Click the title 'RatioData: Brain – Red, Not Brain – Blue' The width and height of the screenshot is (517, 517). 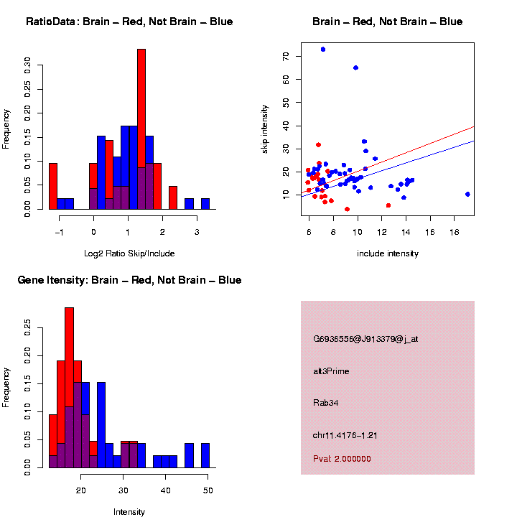[129, 22]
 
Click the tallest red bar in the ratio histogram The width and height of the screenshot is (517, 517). [141, 129]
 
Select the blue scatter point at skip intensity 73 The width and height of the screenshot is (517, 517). [323, 50]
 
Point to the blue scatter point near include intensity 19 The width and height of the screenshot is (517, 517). [467, 194]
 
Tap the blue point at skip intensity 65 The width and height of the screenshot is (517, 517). [355, 67]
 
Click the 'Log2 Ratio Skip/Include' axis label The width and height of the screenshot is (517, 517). [129, 253]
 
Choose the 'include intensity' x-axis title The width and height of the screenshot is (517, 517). [388, 253]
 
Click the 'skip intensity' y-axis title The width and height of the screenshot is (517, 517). [265, 126]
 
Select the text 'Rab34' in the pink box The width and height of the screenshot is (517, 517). [326, 403]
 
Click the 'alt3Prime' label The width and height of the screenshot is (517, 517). [331, 371]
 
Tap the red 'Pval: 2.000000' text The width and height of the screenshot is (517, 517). [343, 459]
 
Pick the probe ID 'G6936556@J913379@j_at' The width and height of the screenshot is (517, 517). [365, 339]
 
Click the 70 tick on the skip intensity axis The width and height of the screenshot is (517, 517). [287, 56]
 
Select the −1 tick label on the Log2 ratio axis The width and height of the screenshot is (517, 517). [60, 232]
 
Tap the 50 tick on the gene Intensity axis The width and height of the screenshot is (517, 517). [208, 490]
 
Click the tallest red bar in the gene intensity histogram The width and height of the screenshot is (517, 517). [70, 388]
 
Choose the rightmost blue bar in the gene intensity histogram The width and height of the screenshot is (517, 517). [205, 455]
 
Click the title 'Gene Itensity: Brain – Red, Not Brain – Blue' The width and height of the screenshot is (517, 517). [129, 280]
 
